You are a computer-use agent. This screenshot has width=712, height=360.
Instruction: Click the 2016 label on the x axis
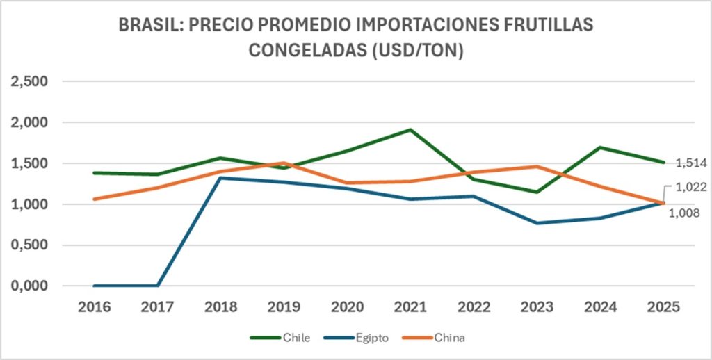click(95, 306)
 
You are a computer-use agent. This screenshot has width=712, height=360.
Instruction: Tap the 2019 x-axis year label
click(284, 306)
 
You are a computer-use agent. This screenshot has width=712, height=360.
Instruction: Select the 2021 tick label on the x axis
click(410, 306)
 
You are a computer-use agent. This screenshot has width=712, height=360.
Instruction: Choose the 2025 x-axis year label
click(663, 306)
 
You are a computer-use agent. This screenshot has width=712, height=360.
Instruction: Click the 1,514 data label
click(691, 163)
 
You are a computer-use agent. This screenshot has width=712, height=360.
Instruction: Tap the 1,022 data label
click(691, 187)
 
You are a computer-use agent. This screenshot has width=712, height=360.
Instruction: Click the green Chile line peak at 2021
click(410, 129)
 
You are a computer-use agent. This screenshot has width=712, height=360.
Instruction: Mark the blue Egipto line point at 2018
click(220, 178)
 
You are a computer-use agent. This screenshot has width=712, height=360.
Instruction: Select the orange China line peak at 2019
click(284, 163)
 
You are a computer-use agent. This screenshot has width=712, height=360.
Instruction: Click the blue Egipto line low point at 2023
click(537, 223)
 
